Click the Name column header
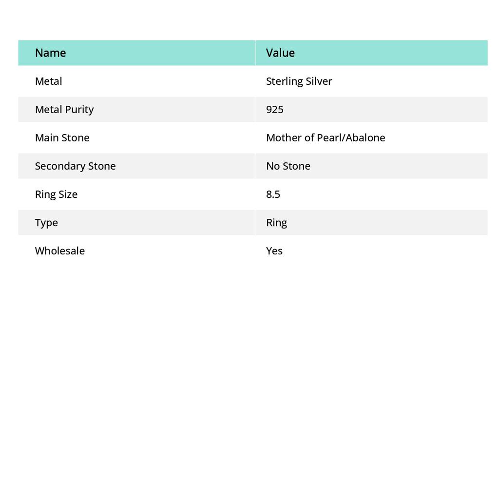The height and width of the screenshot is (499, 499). click(50, 53)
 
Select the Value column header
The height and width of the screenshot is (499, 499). click(280, 53)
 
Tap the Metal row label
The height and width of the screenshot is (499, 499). click(48, 81)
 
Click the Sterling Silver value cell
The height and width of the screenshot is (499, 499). click(299, 81)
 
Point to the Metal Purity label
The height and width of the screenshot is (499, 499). click(64, 109)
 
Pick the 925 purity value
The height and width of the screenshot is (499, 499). click(274, 109)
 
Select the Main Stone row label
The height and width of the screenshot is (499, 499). click(62, 137)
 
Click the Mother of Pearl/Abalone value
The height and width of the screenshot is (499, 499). click(326, 137)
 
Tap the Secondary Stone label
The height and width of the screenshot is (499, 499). click(75, 166)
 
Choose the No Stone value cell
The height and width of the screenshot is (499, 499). click(288, 166)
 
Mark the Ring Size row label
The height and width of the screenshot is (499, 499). click(56, 194)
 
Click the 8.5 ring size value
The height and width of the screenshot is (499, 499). click(273, 194)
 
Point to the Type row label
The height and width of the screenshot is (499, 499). click(46, 222)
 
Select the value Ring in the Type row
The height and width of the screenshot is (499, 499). click(276, 222)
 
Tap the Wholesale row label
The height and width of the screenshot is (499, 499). click(59, 250)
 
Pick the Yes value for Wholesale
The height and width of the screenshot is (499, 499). click(274, 250)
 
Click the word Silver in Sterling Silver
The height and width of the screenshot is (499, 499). click(319, 81)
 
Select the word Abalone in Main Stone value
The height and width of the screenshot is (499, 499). click(365, 137)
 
